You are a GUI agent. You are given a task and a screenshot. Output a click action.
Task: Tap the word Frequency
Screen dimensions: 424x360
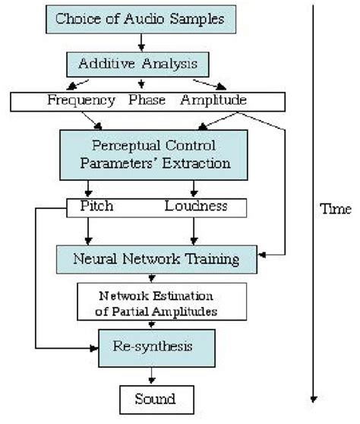(81, 100)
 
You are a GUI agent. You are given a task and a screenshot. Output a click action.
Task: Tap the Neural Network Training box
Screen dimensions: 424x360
(157, 259)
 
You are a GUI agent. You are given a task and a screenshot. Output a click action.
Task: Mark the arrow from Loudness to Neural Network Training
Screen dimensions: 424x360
(194, 231)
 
